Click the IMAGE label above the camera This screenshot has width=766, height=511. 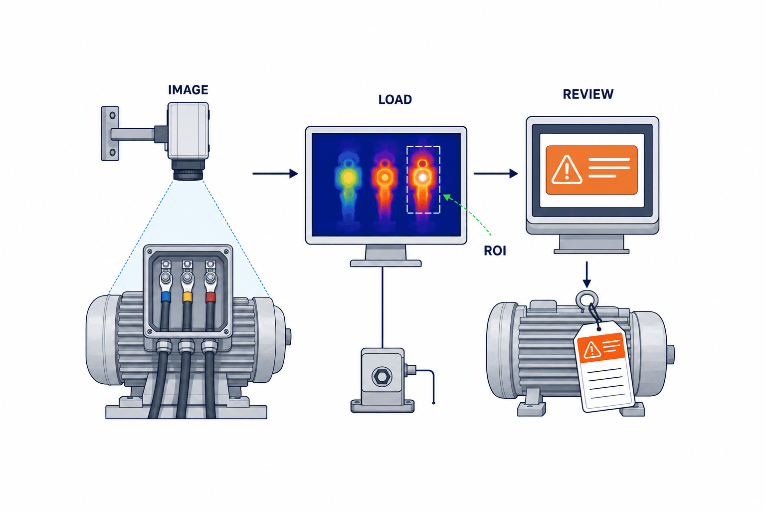click(188, 90)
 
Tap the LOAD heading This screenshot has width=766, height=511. click(395, 100)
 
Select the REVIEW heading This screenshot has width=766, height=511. click(588, 94)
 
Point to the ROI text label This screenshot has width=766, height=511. click(495, 251)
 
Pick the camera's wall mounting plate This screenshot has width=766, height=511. click(110, 133)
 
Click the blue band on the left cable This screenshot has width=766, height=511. click(166, 296)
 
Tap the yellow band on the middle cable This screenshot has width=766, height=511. click(188, 296)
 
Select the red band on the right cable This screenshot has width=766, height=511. click(210, 296)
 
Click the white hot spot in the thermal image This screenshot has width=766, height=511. click(423, 177)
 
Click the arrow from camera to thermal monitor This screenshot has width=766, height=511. click(275, 174)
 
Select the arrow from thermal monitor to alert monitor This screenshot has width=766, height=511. click(496, 174)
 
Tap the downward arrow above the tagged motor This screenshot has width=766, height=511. click(587, 274)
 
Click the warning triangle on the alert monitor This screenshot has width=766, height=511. click(567, 170)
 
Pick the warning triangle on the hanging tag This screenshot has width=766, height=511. click(591, 350)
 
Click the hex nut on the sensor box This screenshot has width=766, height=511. click(382, 377)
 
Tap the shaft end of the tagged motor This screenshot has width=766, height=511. click(671, 355)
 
